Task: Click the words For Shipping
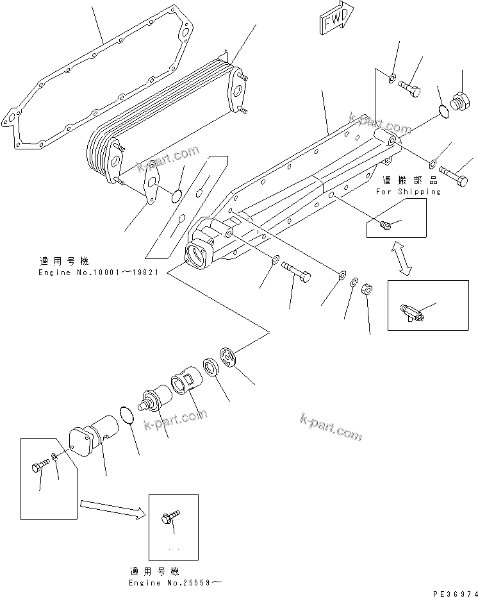[408, 191]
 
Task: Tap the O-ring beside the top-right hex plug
[440, 112]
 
